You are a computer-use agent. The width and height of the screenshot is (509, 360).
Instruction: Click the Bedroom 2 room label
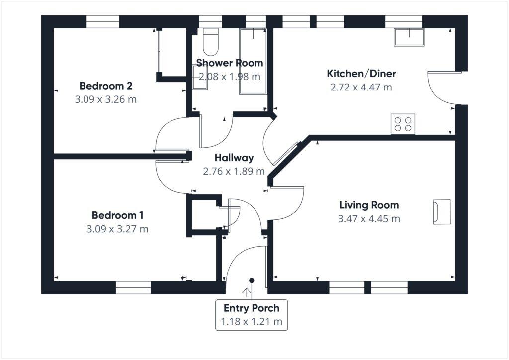pos(105,85)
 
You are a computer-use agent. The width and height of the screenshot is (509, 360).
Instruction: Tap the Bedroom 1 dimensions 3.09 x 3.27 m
pos(117,229)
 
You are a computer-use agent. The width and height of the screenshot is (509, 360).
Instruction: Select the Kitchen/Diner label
pos(361,74)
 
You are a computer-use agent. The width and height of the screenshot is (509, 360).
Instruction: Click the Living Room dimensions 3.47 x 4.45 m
pos(369,218)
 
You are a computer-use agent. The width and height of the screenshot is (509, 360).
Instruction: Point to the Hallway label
pos(234,158)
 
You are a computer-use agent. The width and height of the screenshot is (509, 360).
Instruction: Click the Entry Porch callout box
pos(251,315)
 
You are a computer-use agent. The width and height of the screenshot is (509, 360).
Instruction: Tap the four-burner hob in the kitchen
pos(403,124)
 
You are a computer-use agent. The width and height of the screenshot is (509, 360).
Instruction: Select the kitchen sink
pos(409,37)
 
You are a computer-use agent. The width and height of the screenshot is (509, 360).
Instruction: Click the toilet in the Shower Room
pos(210,42)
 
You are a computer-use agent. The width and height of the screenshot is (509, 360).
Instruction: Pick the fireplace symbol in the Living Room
pos(441,212)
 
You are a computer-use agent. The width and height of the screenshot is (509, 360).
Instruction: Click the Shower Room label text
pos(229,63)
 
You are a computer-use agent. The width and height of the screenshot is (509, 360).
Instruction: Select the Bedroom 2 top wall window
pos(103,21)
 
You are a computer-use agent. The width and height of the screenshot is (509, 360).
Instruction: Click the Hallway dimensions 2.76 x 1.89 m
pos(234,171)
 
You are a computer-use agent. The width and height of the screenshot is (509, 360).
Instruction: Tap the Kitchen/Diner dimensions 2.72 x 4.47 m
pos(361,87)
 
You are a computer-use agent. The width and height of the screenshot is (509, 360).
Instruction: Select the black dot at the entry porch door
pos(252,280)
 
